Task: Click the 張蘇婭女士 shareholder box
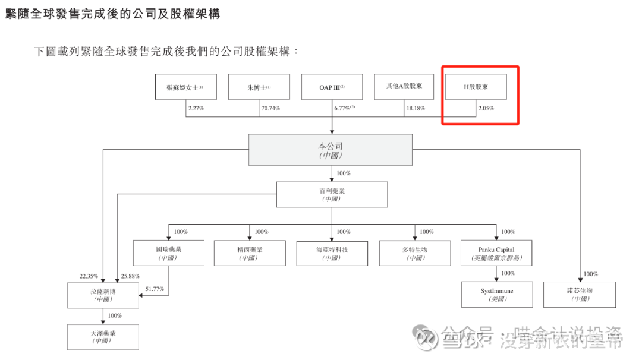pyautogui.click(x=186, y=87)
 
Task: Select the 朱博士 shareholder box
pyautogui.click(x=259, y=87)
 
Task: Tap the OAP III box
pyautogui.click(x=332, y=87)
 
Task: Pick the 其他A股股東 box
pyautogui.click(x=404, y=87)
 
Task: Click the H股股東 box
pyautogui.click(x=476, y=87)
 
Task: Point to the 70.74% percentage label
pyautogui.click(x=270, y=109)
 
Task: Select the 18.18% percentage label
pyautogui.click(x=415, y=109)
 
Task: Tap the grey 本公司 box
pyautogui.click(x=331, y=150)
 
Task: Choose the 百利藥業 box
pyautogui.click(x=332, y=194)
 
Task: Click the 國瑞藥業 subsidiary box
pyautogui.click(x=168, y=253)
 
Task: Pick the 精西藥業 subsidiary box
pyautogui.click(x=250, y=253)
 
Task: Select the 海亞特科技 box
pyautogui.click(x=332, y=253)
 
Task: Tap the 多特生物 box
pyautogui.click(x=414, y=253)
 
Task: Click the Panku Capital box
pyautogui.click(x=496, y=253)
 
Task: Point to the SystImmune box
pyautogui.click(x=496, y=295)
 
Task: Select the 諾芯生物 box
pyautogui.click(x=580, y=295)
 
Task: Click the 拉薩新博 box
pyautogui.click(x=103, y=295)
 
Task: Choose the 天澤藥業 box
pyautogui.click(x=103, y=337)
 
